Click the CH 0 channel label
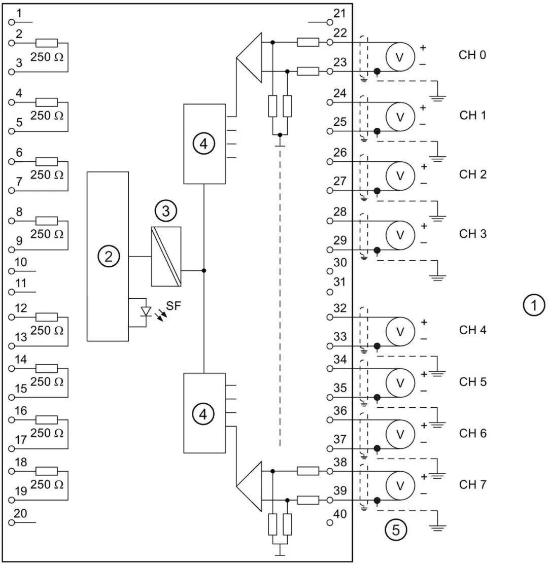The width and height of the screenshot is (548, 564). [x=472, y=55]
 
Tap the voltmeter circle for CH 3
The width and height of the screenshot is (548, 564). [x=400, y=235]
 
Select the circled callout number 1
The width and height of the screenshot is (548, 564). [x=534, y=305]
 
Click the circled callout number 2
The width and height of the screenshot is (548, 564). [x=108, y=257]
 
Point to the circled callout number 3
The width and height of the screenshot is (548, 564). [x=166, y=211]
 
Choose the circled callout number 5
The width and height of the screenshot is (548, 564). [x=396, y=530]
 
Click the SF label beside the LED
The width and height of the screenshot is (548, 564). [x=174, y=306]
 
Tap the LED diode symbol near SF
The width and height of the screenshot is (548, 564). [x=146, y=311]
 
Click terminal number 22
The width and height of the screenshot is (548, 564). [x=340, y=33]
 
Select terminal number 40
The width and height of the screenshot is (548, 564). [x=340, y=514]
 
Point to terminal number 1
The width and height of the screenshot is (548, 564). [x=19, y=13]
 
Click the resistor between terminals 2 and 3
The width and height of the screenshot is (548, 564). [x=46, y=43]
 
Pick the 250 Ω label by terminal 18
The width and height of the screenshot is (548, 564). [x=47, y=484]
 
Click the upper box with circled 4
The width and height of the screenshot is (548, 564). [x=204, y=144]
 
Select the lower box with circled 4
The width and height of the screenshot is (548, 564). [x=204, y=413]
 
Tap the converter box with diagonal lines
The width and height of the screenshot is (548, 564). [x=166, y=257]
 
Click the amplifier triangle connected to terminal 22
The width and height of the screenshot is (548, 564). [x=249, y=57]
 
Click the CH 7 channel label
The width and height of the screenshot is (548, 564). [x=473, y=484]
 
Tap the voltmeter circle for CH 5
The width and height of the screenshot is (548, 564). [x=400, y=383]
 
